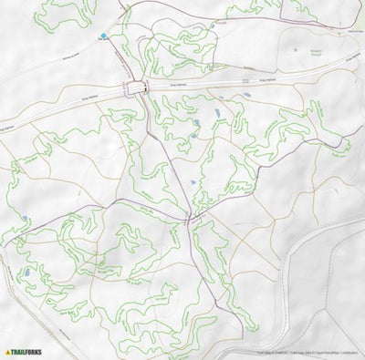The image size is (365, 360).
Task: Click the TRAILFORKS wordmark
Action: (28, 352)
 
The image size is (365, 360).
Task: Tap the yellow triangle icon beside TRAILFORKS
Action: (8, 352)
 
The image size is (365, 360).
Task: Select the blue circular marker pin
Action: (104, 36)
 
